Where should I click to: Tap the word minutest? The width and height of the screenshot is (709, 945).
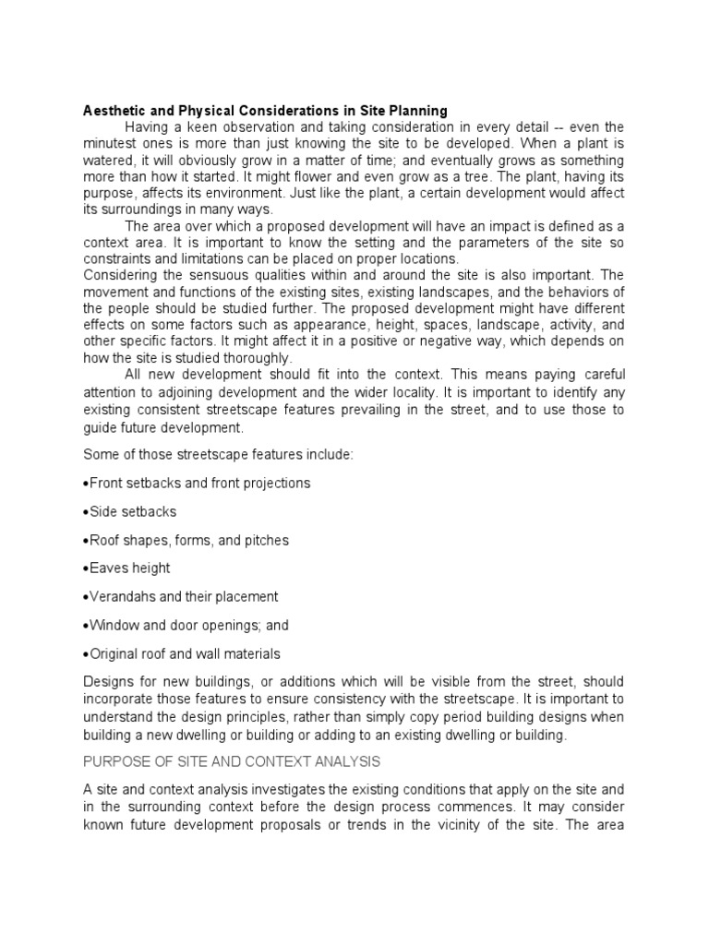[x=112, y=143]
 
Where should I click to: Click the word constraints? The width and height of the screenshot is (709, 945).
[x=117, y=258]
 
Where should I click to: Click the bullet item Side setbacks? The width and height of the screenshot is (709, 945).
[x=133, y=511]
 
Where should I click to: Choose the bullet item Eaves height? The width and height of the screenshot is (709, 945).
[x=130, y=568]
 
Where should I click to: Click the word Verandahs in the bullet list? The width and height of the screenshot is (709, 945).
[x=119, y=597]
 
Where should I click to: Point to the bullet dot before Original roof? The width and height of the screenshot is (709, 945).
[x=86, y=654]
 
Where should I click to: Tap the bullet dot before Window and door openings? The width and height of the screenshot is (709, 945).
[x=86, y=626]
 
